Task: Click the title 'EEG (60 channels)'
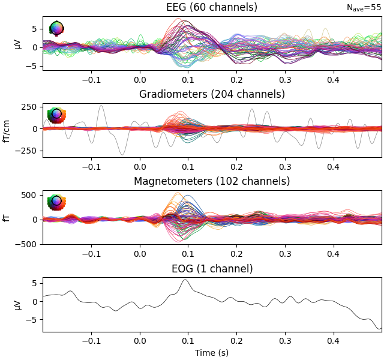[212, 7]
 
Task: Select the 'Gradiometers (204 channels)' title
[212, 94]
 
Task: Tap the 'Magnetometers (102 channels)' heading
[212, 181]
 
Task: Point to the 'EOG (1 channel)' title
[212, 268]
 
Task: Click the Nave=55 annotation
[364, 8]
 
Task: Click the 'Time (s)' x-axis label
[212, 353]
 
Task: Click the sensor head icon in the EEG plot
[56, 28]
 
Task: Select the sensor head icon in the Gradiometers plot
[56, 114]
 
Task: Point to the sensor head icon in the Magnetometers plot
[56, 201]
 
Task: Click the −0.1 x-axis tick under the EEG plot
[91, 79]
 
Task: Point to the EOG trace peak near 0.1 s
[185, 280]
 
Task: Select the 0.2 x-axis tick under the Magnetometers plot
[236, 253]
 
